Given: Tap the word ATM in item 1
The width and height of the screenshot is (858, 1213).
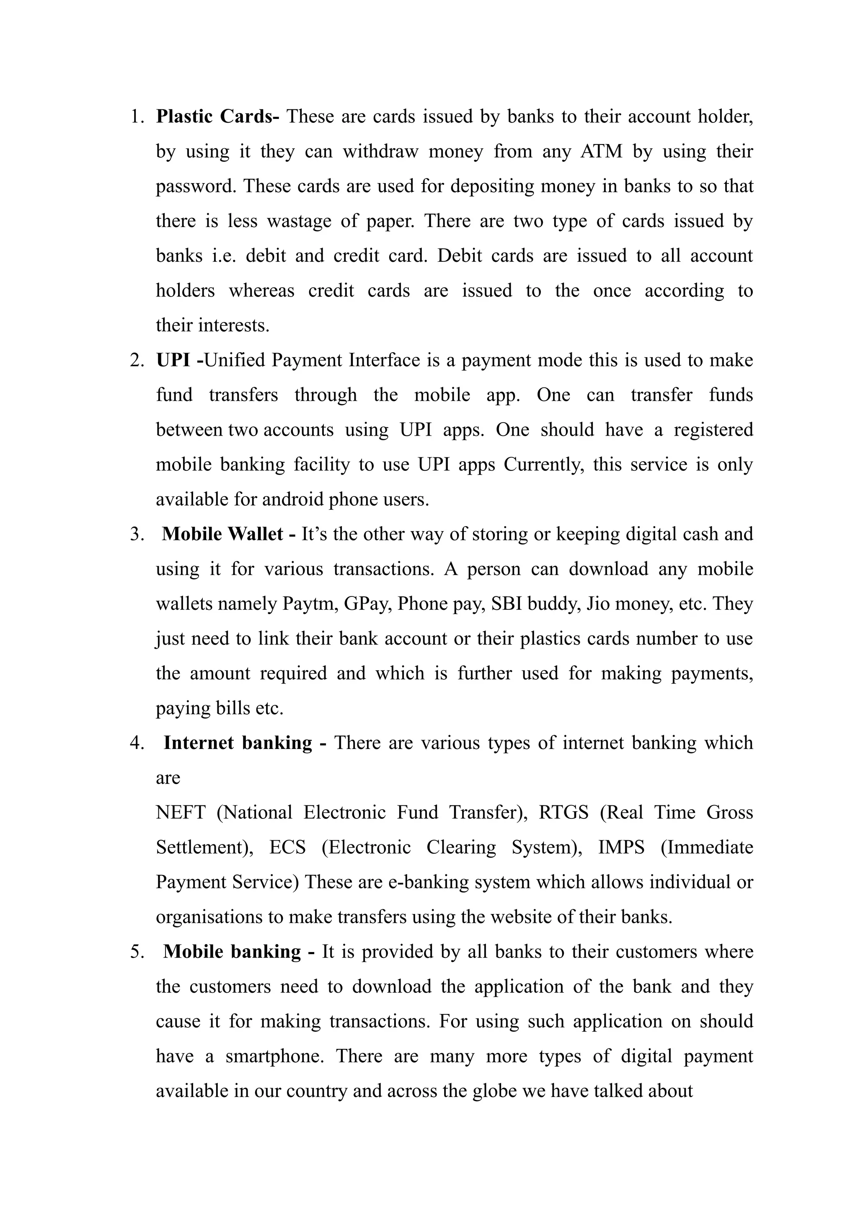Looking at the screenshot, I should click(601, 152).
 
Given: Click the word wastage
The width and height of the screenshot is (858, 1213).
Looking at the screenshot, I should click(299, 221).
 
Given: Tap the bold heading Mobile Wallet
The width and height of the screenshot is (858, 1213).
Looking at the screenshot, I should click(222, 534).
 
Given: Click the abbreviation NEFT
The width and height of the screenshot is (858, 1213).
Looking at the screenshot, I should click(180, 812).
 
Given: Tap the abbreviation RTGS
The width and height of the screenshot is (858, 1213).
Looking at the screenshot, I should click(563, 812).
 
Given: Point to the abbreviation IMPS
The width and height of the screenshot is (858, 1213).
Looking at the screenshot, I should click(621, 847).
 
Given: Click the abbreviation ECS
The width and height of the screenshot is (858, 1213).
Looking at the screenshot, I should click(287, 847).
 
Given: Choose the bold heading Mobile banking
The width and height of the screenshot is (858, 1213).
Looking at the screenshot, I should click(232, 952).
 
